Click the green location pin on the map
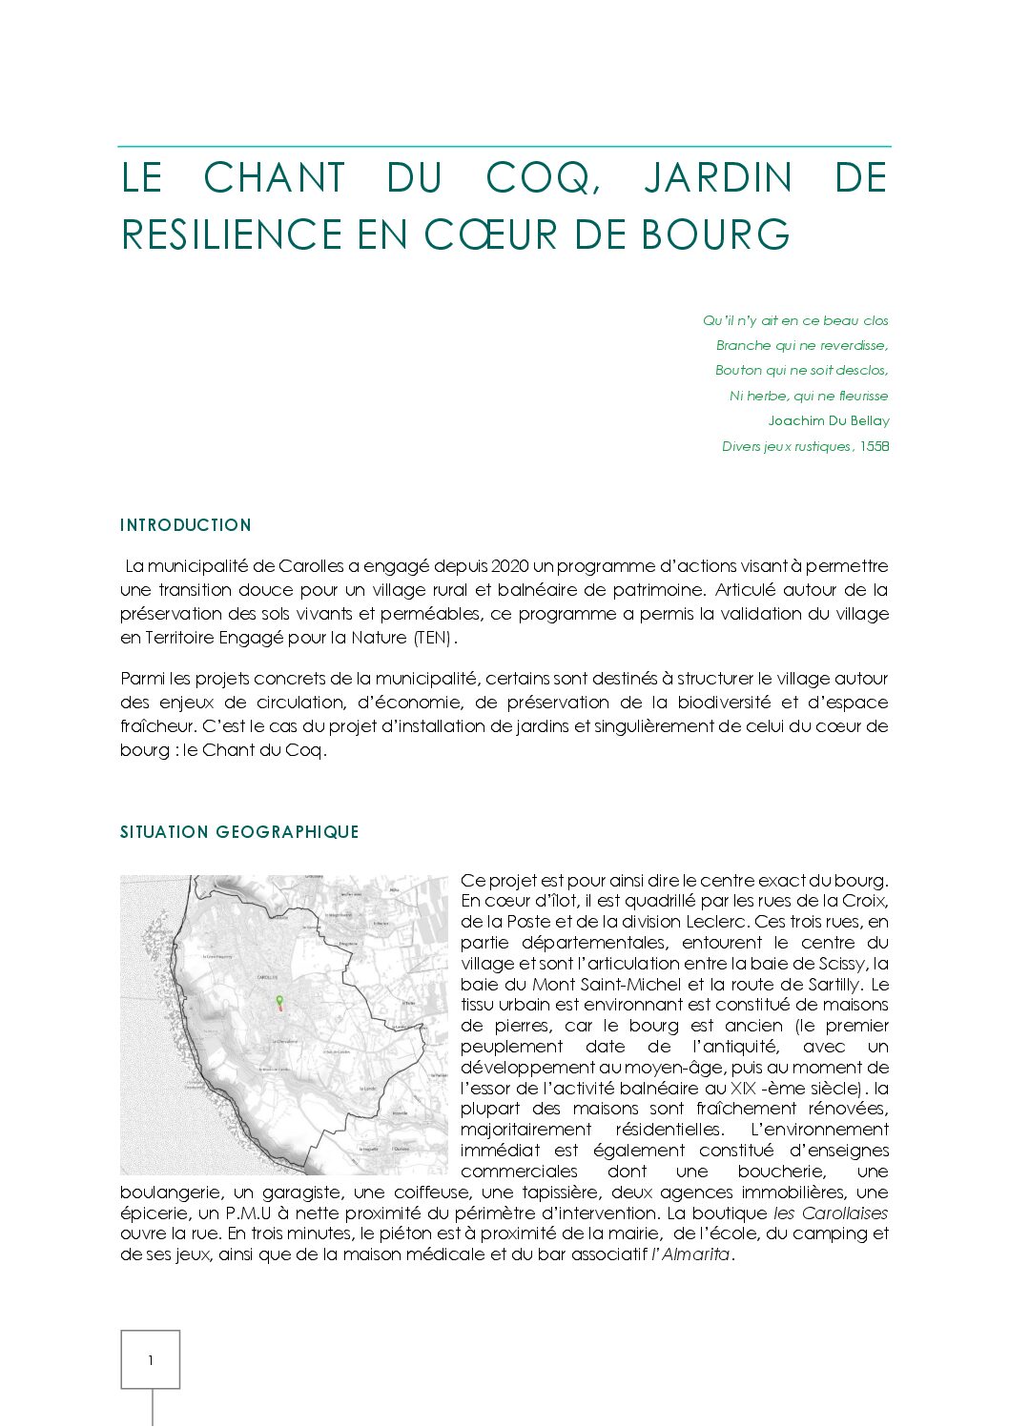(x=279, y=1001)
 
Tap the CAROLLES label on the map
(x=267, y=977)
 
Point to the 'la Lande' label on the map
(x=366, y=1088)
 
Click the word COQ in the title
(x=542, y=178)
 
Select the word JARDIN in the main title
(x=717, y=178)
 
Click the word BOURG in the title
(x=716, y=234)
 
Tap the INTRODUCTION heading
(x=186, y=525)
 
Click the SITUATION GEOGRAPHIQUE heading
(x=239, y=832)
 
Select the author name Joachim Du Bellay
(x=828, y=420)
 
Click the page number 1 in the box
(x=150, y=1360)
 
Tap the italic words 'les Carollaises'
(x=830, y=1213)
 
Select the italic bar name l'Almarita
(x=691, y=1254)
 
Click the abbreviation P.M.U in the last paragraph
(x=249, y=1213)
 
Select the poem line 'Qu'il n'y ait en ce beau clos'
(x=795, y=320)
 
